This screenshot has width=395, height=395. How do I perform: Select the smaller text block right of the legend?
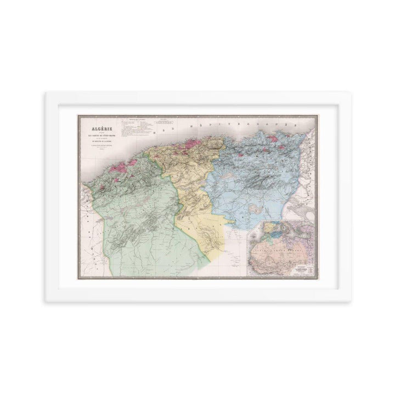coord(164,123)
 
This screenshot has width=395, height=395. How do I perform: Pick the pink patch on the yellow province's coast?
coord(192,144)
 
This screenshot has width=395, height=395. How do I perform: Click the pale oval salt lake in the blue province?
coord(253,208)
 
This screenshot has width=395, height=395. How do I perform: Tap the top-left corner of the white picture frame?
coord(46,93)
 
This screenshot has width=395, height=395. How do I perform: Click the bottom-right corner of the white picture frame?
coord(351,301)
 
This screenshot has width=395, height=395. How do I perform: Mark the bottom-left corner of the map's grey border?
coord(78,278)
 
